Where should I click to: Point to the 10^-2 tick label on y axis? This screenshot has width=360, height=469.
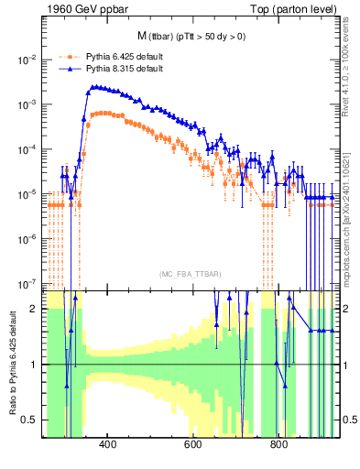pyautogui.click(x=27, y=60)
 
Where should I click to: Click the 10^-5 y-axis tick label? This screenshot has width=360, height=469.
pyautogui.click(x=27, y=194)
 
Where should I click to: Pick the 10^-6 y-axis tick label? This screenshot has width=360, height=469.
pyautogui.click(x=27, y=239)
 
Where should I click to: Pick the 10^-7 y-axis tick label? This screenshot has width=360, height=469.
pyautogui.click(x=27, y=284)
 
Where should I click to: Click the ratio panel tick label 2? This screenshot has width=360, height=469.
pyautogui.click(x=35, y=310)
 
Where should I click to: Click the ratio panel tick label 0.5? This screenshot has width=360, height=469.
pyautogui.click(x=31, y=420)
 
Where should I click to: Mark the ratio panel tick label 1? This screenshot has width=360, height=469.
pyautogui.click(x=35, y=365)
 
